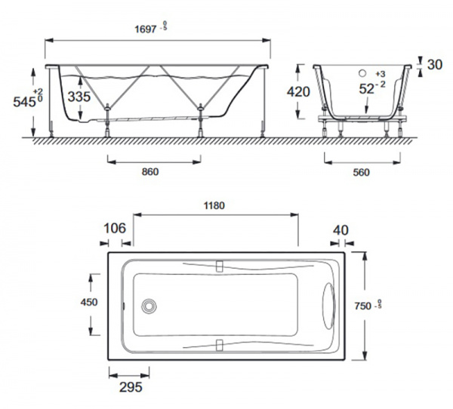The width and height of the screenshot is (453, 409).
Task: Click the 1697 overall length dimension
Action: click(146, 29)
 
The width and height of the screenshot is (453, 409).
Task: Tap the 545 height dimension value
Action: click(24, 101)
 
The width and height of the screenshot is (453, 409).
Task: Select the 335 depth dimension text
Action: click(79, 97)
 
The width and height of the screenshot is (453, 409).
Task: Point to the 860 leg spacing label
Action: click(150, 172)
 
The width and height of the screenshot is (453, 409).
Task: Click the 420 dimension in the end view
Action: click(298, 91)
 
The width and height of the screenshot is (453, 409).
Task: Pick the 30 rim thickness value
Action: click(435, 65)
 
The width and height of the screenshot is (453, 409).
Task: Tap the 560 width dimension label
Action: click(361, 173)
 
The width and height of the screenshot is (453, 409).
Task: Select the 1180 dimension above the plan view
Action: click(214, 206)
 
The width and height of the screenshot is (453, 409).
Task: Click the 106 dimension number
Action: click(115, 228)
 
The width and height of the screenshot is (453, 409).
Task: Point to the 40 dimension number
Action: click(341, 230)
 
